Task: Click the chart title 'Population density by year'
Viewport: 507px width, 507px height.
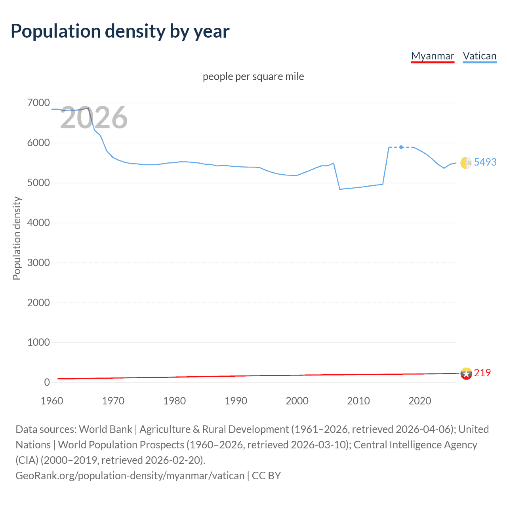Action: click(120, 31)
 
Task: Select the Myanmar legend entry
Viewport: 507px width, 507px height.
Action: click(433, 56)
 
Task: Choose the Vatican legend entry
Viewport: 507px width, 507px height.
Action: click(479, 56)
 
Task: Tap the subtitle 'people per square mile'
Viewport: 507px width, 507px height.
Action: click(253, 76)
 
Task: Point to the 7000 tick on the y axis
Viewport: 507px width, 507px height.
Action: click(38, 103)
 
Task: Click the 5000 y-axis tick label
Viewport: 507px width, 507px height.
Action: click(38, 183)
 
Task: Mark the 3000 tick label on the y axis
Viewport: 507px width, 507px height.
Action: click(38, 263)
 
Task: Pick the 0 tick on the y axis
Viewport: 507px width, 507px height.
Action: click(47, 382)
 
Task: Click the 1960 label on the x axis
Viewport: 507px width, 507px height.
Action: click(52, 401)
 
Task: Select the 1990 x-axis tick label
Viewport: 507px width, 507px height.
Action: click(236, 401)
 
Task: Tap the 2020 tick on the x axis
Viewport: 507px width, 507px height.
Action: click(419, 401)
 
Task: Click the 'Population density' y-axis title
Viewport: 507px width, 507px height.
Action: click(17, 238)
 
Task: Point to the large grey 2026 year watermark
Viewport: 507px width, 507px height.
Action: click(94, 118)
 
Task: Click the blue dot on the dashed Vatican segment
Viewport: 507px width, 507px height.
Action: click(401, 147)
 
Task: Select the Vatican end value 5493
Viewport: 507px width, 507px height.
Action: click(485, 162)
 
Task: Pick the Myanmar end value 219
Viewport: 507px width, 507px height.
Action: click(482, 373)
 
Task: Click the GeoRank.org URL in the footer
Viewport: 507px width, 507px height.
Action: click(130, 475)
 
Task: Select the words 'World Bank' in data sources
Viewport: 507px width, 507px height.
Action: click(105, 429)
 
